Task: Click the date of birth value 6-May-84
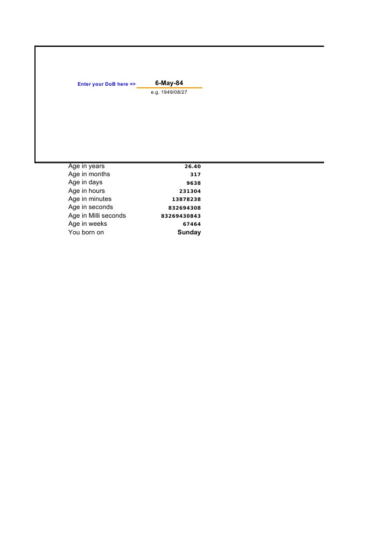coord(169,83)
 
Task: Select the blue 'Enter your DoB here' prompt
coord(107,85)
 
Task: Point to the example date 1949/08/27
coord(169,93)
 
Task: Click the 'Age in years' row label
coord(86,166)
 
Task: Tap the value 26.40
coord(192,167)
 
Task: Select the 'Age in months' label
coord(89,174)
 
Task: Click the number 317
coord(195,175)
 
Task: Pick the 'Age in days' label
coord(85,182)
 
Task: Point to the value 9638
coord(193,183)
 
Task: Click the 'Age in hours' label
coord(86,191)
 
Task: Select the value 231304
coord(190,191)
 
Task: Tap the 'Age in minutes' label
coord(89,199)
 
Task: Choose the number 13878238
coord(186,199)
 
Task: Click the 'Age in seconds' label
coord(90,207)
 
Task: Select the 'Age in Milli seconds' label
coord(97,216)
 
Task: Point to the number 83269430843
coord(181,216)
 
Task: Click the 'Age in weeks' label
coord(87,224)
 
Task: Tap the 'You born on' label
coord(86,232)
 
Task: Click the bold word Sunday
coord(189,232)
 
